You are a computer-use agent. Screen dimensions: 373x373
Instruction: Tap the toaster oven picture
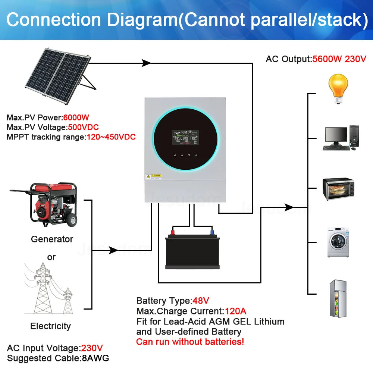tap(338, 189)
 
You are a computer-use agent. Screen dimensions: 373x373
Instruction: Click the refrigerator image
tap(338, 298)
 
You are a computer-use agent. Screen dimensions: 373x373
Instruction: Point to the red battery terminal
tap(173, 233)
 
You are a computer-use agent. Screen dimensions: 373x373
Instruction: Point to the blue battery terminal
tap(212, 233)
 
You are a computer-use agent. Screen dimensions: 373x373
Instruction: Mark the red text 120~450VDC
tap(111, 137)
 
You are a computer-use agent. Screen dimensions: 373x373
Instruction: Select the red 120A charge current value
tap(235, 311)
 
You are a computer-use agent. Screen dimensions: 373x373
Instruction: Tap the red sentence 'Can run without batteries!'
tap(190, 342)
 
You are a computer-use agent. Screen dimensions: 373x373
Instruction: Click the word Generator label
tap(52, 239)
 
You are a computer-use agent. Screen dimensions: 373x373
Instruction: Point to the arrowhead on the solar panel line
tap(146, 63)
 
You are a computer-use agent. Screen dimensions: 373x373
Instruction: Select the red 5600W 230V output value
tap(339, 59)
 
